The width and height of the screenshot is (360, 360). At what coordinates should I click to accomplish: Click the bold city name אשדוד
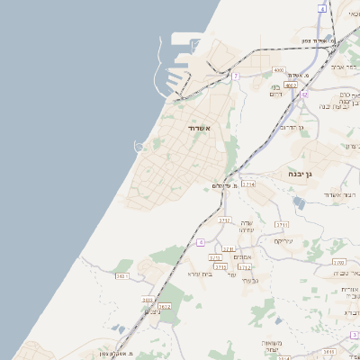199,129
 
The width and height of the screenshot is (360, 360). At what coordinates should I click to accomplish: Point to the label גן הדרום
293,127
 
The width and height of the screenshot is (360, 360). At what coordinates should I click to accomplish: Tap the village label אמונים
242,257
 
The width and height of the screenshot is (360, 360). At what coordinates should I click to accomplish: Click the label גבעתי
252,283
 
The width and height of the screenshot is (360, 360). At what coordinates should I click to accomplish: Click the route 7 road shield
236,76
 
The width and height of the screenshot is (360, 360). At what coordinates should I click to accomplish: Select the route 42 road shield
305,94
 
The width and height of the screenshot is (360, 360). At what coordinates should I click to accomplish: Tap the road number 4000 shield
278,69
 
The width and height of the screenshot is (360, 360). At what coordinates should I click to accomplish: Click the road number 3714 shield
248,184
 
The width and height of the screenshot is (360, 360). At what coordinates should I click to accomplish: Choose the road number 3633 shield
148,300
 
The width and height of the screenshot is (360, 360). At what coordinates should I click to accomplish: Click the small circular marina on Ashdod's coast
139,145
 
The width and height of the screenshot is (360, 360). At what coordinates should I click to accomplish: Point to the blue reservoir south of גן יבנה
299,204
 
